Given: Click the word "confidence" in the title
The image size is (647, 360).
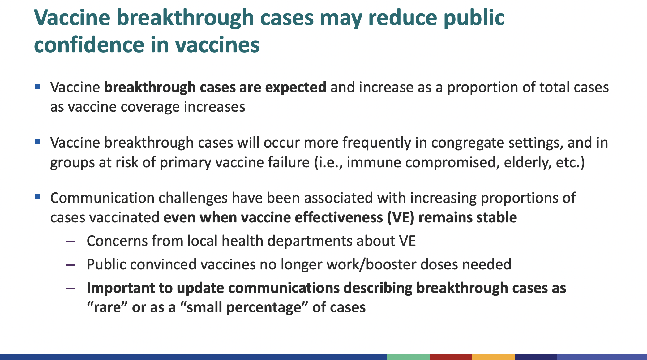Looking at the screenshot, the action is pos(89,45).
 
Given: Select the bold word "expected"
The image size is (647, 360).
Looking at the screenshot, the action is pos(295,88).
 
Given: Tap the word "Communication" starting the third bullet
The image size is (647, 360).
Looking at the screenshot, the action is pos(102,198).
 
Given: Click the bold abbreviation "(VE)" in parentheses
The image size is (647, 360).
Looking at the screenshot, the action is pos(401,218).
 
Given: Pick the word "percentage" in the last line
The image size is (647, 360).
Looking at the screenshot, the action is pos(264,308).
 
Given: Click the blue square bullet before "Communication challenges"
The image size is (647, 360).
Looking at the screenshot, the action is pos(38,197).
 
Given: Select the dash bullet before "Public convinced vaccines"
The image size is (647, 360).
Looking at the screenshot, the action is pos(71,265).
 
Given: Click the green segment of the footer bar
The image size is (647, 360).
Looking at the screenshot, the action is pos(408,357).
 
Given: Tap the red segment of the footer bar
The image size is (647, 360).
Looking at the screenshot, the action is pos(451,357).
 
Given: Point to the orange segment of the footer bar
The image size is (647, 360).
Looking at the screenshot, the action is pos(493,357).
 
